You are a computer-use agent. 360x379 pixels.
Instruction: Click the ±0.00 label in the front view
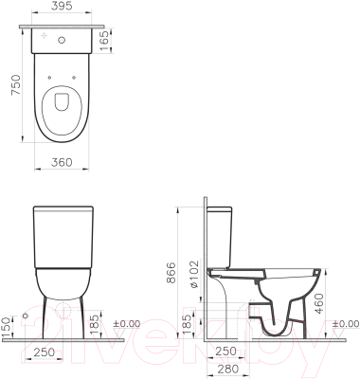[x=128, y=323]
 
